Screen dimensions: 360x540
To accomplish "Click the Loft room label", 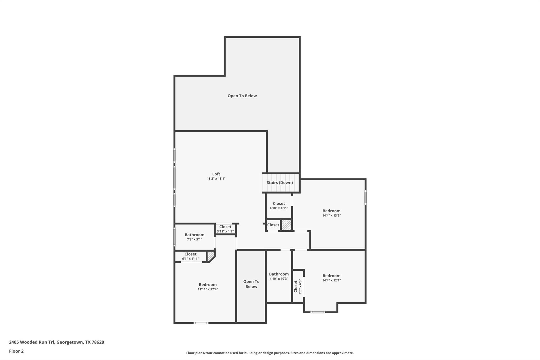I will coord(216,174).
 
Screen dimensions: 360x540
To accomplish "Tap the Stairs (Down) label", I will coord(279,183).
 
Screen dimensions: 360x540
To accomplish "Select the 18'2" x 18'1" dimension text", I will coord(216,179).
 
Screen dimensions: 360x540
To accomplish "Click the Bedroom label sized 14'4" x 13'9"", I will coord(331,211).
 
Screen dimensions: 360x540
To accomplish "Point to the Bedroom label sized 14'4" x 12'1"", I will coord(331,276).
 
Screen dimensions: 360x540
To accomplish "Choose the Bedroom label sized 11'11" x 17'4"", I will coord(208,285).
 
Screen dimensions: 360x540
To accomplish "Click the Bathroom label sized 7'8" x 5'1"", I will coord(194,235).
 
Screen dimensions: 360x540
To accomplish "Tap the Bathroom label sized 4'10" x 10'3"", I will coord(279,274).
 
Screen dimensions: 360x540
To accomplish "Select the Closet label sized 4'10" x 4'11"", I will coord(279,203).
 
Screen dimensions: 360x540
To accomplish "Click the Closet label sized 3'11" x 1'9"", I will coord(225,227).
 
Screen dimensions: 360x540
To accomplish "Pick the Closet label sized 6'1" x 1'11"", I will coord(190,254).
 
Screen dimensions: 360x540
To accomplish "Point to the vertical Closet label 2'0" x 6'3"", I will coord(296,286).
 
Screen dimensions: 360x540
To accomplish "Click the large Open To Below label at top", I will coord(242,96).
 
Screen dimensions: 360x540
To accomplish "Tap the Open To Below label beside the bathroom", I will coord(251,284).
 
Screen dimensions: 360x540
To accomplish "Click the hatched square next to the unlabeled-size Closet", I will coord(286,225).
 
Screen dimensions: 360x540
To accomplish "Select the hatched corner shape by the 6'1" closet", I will coord(210,256).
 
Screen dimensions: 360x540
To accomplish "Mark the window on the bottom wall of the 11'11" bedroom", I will coord(201,323).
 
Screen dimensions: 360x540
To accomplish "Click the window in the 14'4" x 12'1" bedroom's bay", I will coord(317,312).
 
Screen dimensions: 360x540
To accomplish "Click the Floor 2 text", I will coord(16,351).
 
